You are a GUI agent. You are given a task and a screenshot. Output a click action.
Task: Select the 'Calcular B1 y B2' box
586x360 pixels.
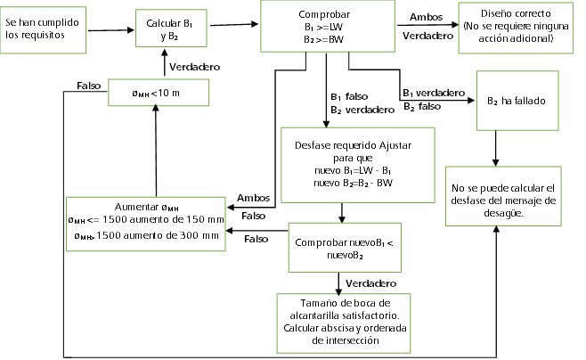point(167,28)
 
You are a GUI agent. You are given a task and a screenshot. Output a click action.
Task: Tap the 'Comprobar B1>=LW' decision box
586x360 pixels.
point(326,28)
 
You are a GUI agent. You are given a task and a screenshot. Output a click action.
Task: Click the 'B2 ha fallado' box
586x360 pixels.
point(516,100)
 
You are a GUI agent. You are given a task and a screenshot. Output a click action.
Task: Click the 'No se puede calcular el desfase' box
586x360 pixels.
point(502,200)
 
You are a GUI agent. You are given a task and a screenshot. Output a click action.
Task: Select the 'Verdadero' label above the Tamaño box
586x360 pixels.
point(370,282)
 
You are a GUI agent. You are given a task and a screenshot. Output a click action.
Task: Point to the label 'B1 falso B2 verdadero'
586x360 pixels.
point(362,102)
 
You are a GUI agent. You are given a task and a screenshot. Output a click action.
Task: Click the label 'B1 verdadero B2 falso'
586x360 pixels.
point(432,98)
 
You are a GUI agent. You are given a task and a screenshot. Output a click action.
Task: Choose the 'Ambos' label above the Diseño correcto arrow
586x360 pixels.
point(427,17)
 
